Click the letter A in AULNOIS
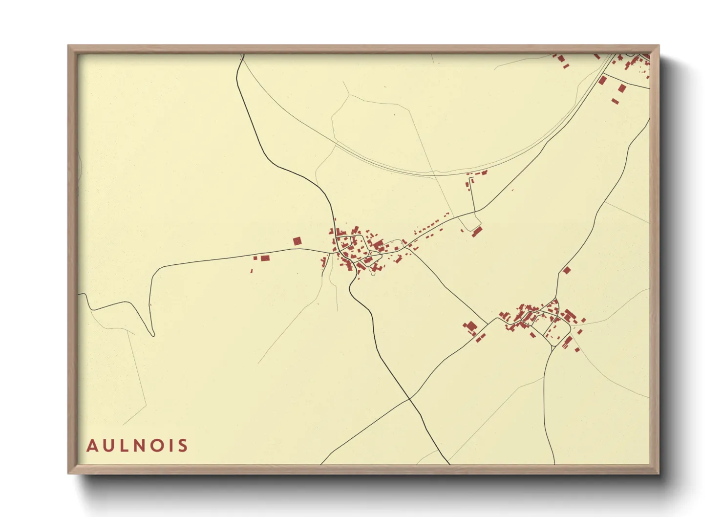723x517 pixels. [92, 446]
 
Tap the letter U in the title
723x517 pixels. [108, 446]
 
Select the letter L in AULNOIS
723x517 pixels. [125, 446]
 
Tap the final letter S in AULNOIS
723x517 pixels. [183, 446]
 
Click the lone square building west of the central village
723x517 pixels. [297, 241]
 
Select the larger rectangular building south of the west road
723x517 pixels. [265, 258]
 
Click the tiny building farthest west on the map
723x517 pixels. [252, 270]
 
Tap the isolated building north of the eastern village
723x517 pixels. [567, 270]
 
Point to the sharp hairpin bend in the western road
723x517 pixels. [152, 334]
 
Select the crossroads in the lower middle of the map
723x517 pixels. [410, 399]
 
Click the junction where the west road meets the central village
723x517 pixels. [331, 252]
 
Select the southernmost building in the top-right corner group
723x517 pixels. [615, 101]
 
